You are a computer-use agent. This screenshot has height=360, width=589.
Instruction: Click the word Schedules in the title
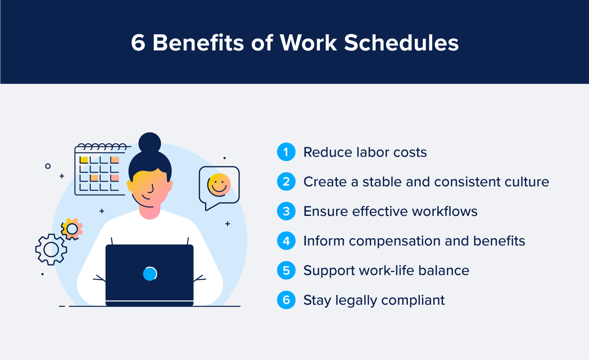pos(401,43)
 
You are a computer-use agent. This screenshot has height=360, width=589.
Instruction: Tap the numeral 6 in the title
pos(138,43)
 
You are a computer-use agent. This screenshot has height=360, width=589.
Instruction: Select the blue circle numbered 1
pos(286,152)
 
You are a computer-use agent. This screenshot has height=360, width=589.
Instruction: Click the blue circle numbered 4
pos(286,241)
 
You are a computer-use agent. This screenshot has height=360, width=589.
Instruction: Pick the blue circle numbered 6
pos(286,300)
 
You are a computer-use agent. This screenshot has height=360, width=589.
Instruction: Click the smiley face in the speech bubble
pos(219,185)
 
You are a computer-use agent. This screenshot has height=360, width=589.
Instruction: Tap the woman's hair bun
pos(150,143)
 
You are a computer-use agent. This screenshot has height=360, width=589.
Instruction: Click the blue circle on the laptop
pos(150,274)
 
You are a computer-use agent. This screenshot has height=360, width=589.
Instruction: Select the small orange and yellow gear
pos(72,229)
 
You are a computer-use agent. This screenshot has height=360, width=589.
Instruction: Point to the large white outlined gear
pos(51,249)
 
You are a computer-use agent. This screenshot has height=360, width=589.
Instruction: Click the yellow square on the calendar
pos(84,160)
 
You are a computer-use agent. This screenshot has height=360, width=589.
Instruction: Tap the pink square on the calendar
pos(115,178)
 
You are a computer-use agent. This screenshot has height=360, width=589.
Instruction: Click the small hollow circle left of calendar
pos(48,166)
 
